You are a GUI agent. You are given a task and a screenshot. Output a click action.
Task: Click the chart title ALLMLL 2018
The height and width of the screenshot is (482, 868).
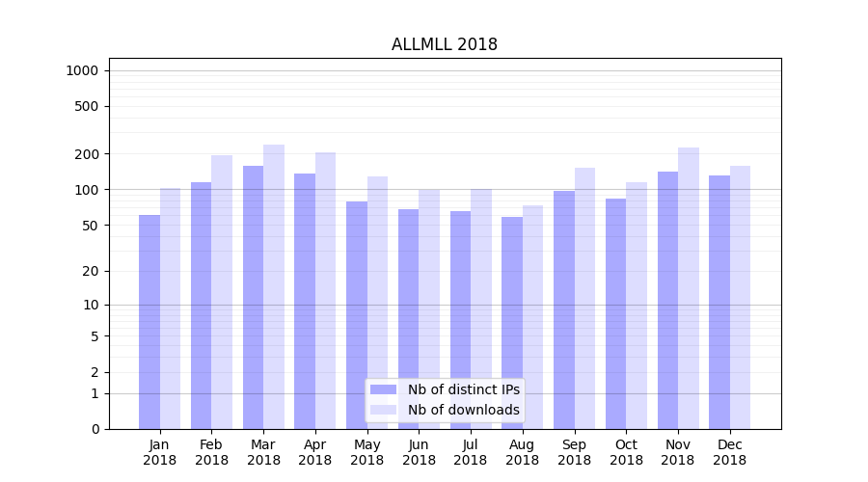click(x=444, y=45)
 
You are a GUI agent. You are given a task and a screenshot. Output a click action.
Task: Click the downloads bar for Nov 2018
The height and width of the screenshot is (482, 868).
click(x=689, y=288)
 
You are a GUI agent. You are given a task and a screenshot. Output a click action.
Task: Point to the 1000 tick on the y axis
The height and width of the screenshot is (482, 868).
click(x=82, y=70)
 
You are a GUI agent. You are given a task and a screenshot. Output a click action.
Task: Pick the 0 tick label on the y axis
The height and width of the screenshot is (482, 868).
click(x=95, y=429)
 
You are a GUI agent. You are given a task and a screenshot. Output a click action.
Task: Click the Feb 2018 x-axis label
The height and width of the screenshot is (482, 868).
click(x=211, y=452)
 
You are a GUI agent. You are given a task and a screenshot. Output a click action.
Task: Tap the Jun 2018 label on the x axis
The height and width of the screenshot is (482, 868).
click(x=419, y=452)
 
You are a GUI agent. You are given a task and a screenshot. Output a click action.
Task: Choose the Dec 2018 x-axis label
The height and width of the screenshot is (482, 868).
click(x=729, y=452)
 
